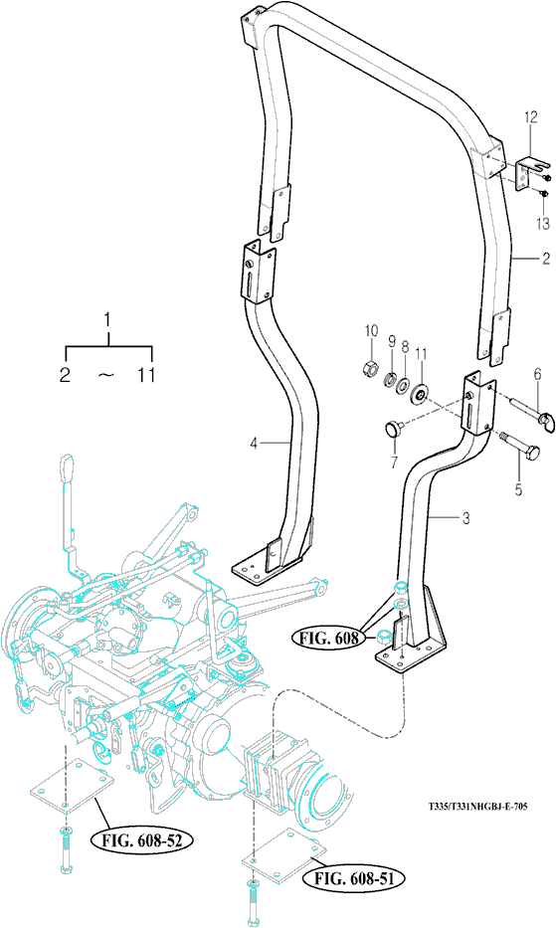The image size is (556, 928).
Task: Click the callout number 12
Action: click(x=530, y=117)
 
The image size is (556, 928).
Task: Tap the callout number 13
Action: click(x=543, y=223)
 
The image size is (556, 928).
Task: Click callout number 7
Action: click(x=394, y=463)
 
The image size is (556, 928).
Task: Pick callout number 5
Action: click(x=518, y=490)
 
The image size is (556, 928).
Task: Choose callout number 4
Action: click(x=254, y=443)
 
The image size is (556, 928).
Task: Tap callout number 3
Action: click(x=466, y=519)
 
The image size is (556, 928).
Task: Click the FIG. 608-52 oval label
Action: click(x=141, y=839)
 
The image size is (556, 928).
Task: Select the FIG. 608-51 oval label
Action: click(x=354, y=879)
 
